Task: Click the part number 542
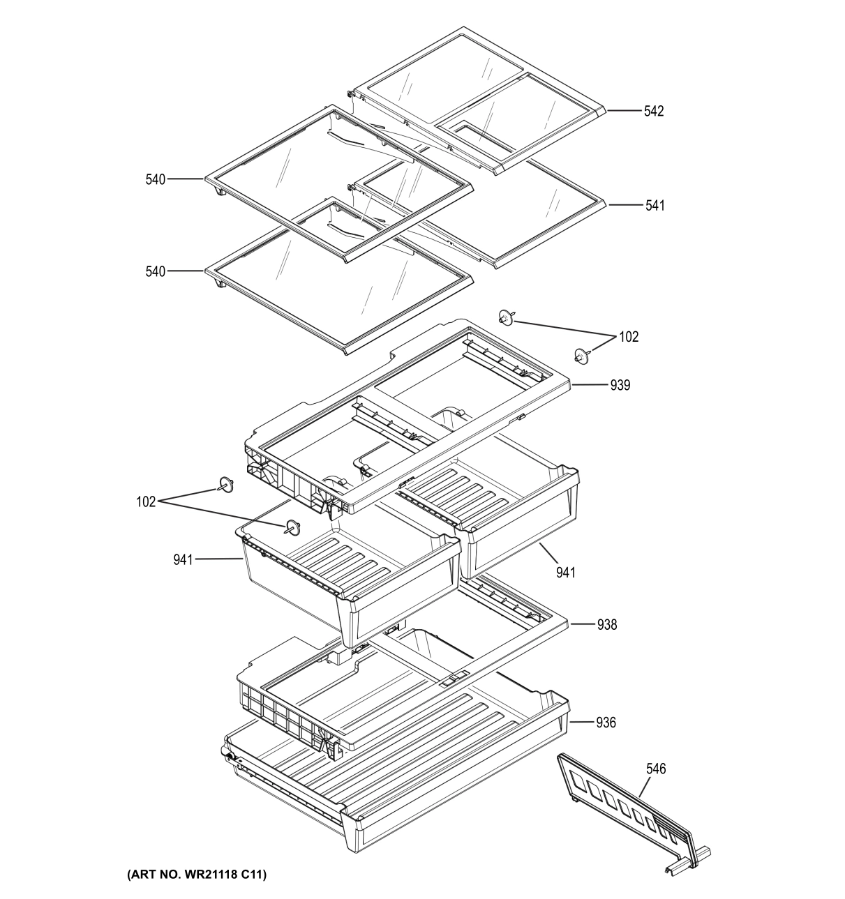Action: pos(654,111)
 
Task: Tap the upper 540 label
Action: pos(156,180)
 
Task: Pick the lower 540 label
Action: pos(156,271)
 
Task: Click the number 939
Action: pos(620,385)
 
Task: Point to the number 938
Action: pos(607,625)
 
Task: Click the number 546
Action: pos(655,769)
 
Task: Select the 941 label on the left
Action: pos(184,559)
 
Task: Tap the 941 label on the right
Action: pos(566,573)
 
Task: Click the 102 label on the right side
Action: pos(629,337)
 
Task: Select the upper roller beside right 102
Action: pos(506,318)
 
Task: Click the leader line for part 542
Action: pos(624,111)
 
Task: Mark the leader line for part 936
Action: pos(582,723)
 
